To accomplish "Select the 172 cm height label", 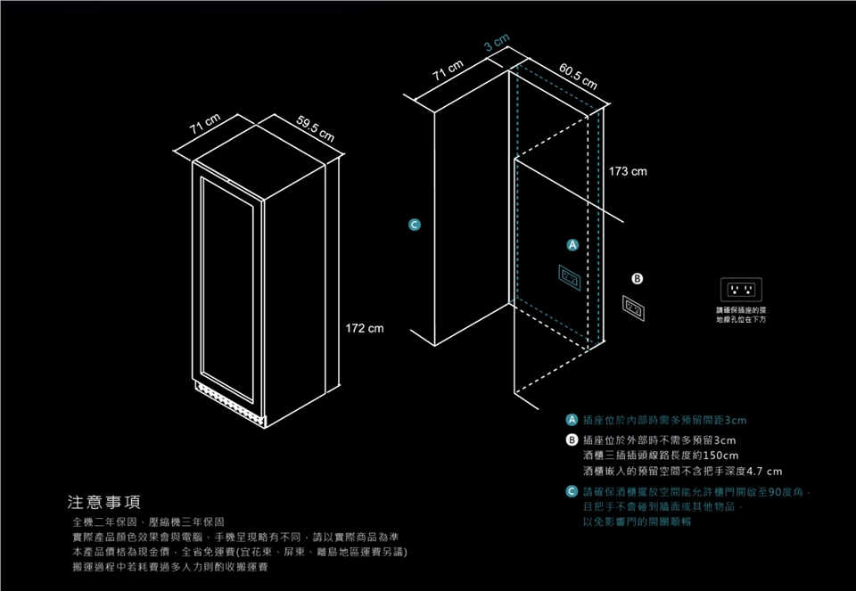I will coord(365,330).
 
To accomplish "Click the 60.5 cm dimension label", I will coord(578,78).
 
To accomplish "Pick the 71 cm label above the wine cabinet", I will coord(205,125).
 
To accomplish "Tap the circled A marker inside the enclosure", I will coord(573,244).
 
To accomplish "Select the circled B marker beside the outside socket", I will coord(637,278).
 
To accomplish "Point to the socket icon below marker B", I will coord(634,307).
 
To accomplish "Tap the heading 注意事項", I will coord(103,501).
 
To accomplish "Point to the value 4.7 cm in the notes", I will coord(762,471).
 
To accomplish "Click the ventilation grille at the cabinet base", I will coord(227,398).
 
